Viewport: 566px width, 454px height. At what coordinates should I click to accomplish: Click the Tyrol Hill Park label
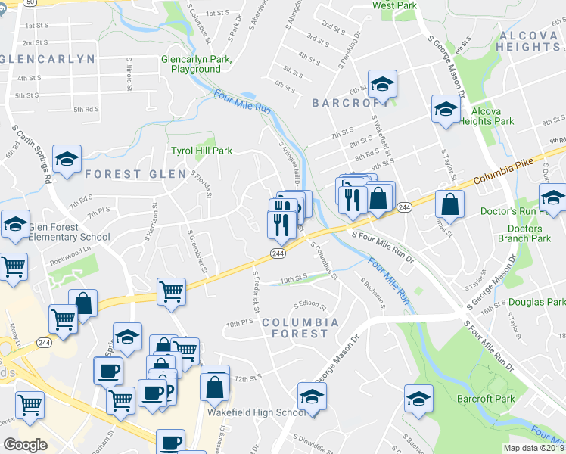(201, 151)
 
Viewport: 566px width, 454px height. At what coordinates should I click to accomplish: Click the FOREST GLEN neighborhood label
(135, 174)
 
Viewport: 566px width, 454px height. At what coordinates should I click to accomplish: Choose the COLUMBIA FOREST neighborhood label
(300, 328)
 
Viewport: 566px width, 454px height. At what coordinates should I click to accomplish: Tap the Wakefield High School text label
(257, 412)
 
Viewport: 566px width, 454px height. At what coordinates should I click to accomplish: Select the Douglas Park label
(536, 302)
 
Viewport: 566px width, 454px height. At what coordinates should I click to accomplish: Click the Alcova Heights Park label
(486, 116)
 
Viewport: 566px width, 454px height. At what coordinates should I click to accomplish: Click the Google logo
(25, 445)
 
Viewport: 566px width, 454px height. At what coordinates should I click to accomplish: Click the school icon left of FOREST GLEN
(67, 159)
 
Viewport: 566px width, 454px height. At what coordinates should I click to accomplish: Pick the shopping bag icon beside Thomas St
(450, 204)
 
